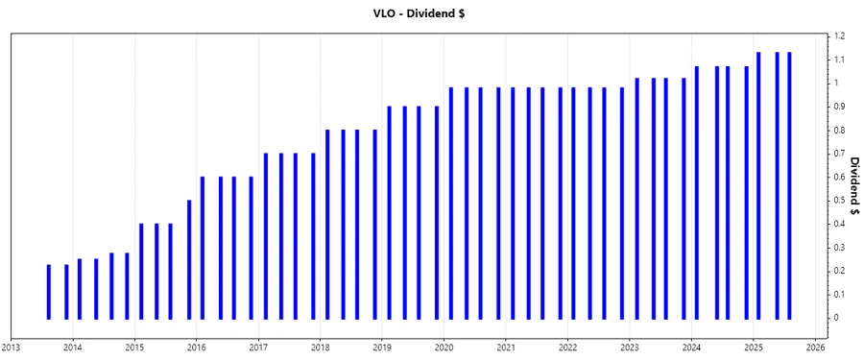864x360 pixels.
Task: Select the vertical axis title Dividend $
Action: pos(854,185)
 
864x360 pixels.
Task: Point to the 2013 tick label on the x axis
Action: pos(12,348)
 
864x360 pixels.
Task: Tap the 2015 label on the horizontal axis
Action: pos(134,348)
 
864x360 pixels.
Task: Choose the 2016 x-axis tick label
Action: pos(196,348)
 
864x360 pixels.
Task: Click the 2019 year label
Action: pos(382,348)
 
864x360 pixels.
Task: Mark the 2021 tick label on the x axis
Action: pos(506,348)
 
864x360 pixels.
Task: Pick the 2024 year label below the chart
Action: pos(692,348)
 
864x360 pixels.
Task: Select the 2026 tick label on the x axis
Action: pos(816,348)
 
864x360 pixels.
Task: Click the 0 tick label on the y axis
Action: pos(835,318)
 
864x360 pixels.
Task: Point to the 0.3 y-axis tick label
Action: pos(838,247)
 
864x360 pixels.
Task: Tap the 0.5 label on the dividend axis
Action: pos(838,201)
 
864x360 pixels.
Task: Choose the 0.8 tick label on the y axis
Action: pos(838,130)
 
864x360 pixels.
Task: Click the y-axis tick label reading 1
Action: pos(835,84)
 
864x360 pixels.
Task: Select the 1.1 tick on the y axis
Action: pos(838,60)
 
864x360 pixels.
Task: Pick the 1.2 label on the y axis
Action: pos(838,36)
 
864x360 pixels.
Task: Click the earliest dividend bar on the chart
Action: pos(49,291)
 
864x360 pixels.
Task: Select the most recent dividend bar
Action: pos(789,184)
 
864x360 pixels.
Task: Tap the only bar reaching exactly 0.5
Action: pos(188,259)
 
